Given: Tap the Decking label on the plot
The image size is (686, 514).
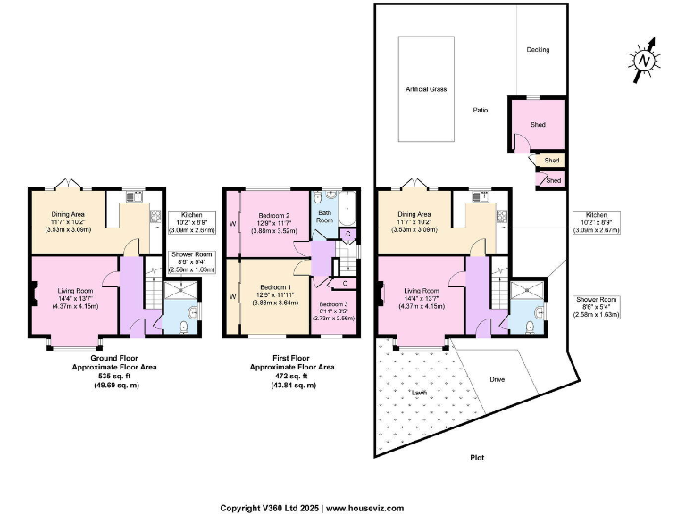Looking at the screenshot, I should (x=538, y=50).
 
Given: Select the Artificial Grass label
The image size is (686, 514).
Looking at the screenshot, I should (x=425, y=89).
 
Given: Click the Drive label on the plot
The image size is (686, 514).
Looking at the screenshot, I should (x=497, y=379).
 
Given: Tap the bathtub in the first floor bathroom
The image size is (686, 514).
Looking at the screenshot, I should (x=347, y=211).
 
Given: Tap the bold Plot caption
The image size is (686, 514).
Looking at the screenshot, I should (x=477, y=458).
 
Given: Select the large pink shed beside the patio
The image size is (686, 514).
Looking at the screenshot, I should (x=537, y=124).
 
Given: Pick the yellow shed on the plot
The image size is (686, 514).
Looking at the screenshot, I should (x=551, y=161).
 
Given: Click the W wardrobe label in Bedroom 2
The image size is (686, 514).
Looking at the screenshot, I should (x=231, y=223).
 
